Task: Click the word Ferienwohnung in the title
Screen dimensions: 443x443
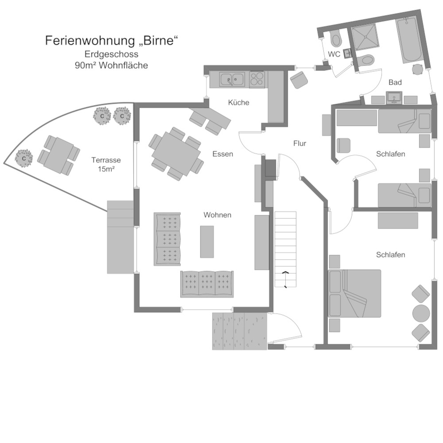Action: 88,41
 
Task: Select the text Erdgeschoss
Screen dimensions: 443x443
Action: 112,54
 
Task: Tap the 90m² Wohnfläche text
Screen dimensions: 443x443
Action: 112,65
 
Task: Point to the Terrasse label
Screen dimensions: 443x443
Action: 106,160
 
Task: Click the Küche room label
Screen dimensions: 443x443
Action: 239,102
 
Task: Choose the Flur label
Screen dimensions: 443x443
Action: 300,143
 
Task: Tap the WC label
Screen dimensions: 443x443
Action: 334,54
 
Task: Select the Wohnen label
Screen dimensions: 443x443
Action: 218,215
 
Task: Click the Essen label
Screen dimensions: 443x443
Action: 222,154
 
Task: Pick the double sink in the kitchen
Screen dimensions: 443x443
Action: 233,79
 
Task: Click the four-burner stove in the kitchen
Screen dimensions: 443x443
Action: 257,79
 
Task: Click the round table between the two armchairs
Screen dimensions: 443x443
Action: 421,313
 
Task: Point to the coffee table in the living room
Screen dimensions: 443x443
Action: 207,241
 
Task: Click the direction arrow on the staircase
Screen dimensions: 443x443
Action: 286,273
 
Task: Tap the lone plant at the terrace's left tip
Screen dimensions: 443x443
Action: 24,158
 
